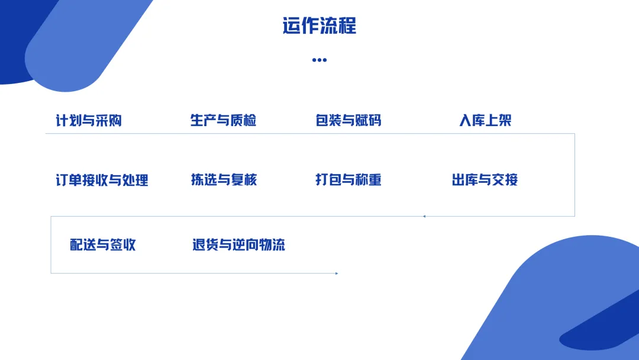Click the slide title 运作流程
click(319, 27)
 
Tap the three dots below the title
click(319, 60)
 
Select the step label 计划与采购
click(89, 121)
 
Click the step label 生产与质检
click(223, 121)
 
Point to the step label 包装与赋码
click(348, 121)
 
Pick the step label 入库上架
click(485, 121)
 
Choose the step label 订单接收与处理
click(102, 180)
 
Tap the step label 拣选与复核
click(224, 180)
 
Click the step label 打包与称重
click(348, 180)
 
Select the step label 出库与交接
click(485, 180)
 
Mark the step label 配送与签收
click(103, 245)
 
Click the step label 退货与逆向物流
click(238, 245)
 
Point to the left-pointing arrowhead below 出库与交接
click(424, 216)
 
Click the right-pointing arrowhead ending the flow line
click(336, 273)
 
